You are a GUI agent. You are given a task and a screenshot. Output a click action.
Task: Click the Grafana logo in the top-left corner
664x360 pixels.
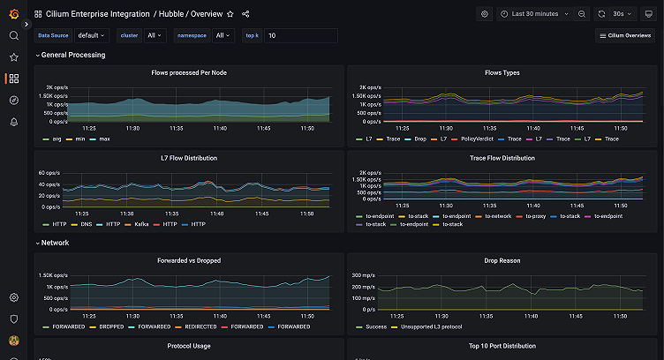click(13, 14)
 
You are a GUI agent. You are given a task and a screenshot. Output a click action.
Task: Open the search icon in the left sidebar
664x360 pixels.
click(13, 35)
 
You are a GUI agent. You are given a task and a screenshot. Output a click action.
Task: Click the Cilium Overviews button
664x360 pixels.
click(625, 35)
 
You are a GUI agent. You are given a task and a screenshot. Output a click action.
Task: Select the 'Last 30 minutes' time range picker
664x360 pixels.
click(534, 14)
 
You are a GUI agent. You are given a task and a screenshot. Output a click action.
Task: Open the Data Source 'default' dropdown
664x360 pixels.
click(91, 35)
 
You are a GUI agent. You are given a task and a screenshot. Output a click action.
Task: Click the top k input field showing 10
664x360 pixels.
click(300, 35)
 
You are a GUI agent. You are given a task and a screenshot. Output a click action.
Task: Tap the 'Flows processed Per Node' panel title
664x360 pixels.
click(189, 72)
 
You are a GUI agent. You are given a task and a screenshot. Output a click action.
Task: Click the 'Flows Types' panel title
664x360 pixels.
click(502, 72)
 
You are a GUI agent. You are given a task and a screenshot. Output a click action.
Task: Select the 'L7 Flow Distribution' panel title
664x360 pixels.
click(189, 158)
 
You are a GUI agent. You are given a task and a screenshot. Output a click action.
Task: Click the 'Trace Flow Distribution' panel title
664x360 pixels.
click(502, 158)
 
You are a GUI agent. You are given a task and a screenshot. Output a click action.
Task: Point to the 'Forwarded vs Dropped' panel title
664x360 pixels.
click(189, 260)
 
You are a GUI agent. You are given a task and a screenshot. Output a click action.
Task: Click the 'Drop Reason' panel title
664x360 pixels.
click(502, 260)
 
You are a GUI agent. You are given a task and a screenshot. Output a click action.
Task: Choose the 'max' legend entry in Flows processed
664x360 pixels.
click(104, 139)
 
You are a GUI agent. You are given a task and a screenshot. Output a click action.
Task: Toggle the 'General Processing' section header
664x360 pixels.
click(72, 55)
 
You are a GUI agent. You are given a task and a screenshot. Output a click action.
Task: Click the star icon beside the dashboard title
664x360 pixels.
click(230, 14)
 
